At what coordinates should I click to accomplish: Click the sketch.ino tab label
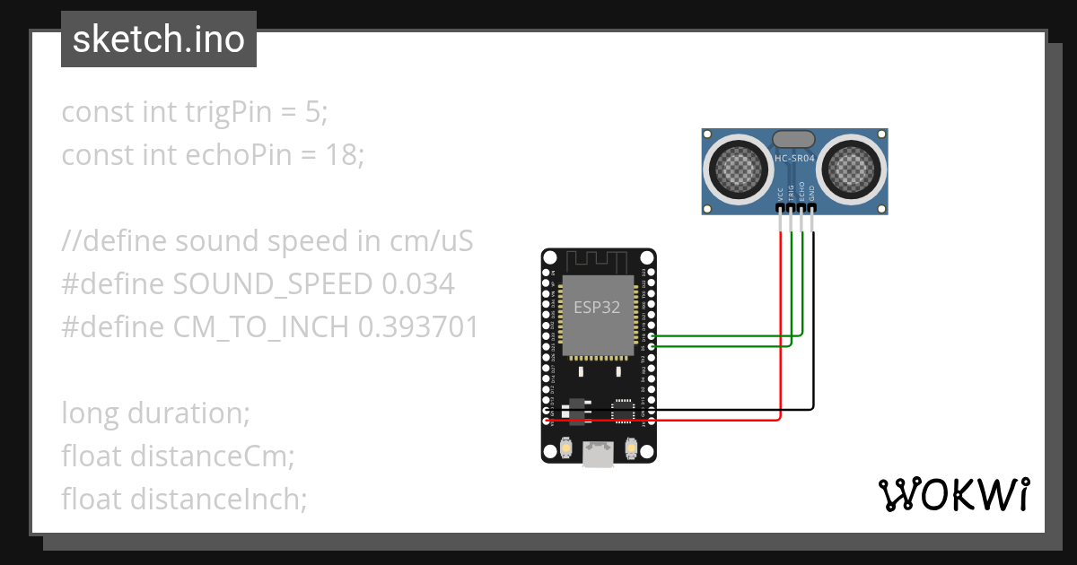click(x=158, y=39)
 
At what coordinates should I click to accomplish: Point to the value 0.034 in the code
click(x=418, y=284)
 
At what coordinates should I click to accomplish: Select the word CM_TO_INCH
click(x=261, y=327)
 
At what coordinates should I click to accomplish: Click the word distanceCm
click(x=212, y=456)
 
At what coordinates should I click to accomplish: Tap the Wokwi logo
click(x=952, y=494)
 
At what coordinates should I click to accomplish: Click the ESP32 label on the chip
click(x=597, y=307)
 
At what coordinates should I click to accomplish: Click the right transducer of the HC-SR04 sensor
click(x=852, y=167)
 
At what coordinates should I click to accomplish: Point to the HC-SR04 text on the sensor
click(x=794, y=159)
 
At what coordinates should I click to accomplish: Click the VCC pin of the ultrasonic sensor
click(x=780, y=209)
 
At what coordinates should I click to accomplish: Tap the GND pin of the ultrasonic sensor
click(x=812, y=209)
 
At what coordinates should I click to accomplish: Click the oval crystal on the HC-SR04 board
click(x=793, y=139)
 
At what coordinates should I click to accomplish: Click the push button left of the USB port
click(x=565, y=447)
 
